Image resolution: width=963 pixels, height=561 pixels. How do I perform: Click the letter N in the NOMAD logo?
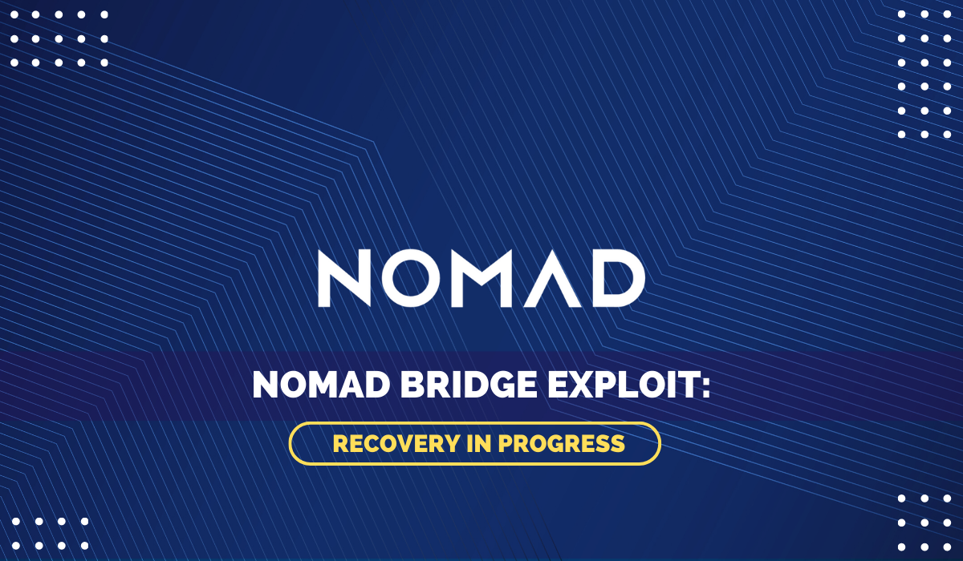(344, 278)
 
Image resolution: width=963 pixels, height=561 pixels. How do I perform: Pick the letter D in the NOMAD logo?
(618, 278)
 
